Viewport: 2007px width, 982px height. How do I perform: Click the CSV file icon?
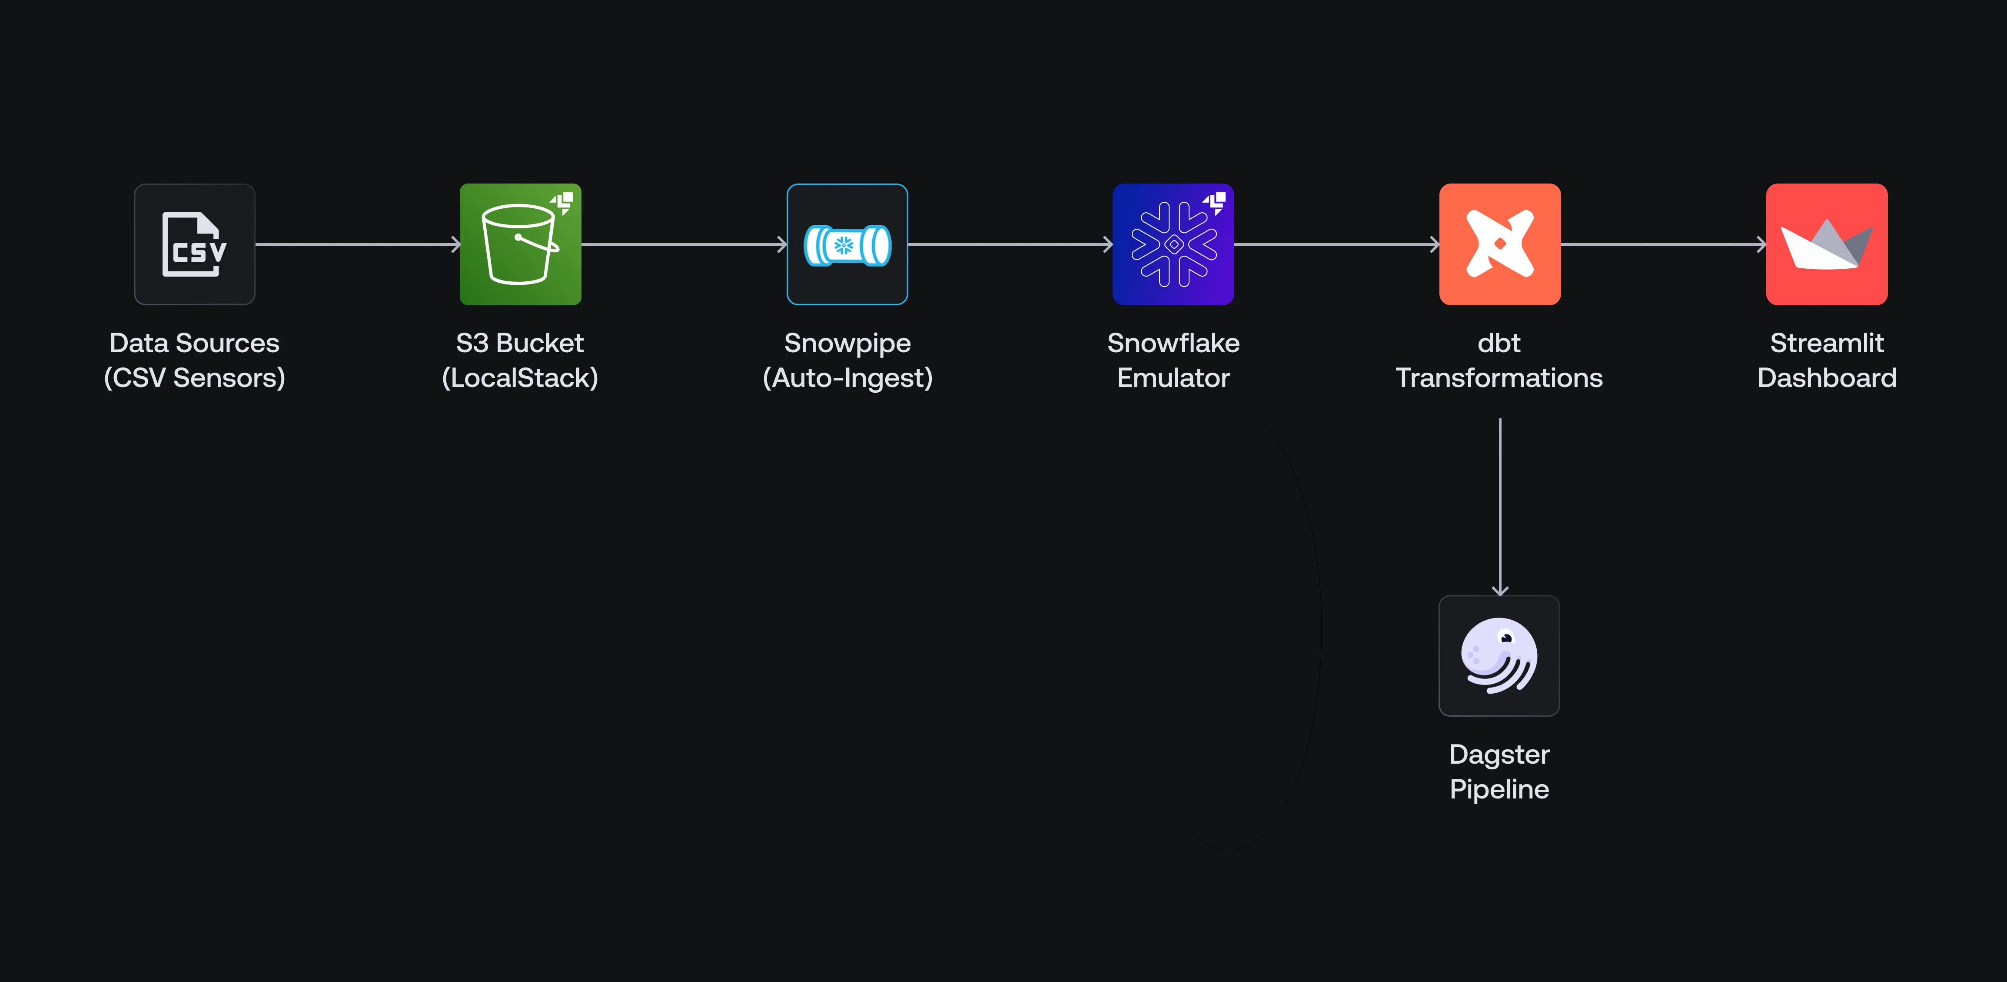[x=194, y=244]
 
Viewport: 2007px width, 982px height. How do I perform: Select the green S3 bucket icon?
[x=520, y=244]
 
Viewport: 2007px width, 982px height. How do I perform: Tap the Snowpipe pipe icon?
[x=847, y=244]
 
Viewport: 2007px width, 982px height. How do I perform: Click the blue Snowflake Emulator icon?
[x=1173, y=244]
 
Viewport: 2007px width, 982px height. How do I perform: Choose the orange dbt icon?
[x=1499, y=244]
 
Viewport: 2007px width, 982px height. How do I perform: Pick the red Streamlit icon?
[x=1826, y=244]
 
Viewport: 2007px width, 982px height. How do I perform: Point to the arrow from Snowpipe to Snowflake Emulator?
[x=1010, y=244]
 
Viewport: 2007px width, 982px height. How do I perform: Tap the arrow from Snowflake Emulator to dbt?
[x=1336, y=244]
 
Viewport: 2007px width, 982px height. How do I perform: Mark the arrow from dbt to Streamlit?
[x=1663, y=244]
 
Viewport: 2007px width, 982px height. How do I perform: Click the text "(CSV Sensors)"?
[x=194, y=378]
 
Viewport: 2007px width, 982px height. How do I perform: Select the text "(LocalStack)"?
[x=520, y=378]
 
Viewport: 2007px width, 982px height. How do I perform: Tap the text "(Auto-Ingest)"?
[x=847, y=378]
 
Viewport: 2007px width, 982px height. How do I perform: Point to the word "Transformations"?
[x=1499, y=378]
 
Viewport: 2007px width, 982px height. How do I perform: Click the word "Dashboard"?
[x=1826, y=378]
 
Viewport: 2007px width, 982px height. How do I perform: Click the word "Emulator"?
[x=1173, y=378]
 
